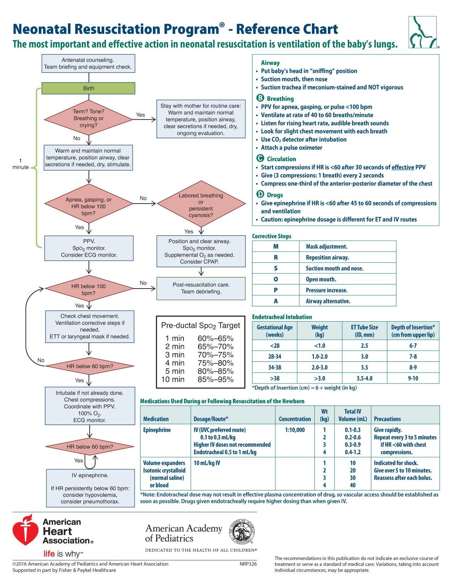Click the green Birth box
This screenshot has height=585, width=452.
pos(88,88)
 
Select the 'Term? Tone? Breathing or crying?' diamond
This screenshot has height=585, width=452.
pos(88,118)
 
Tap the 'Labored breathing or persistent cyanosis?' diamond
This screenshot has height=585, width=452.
pos(201,204)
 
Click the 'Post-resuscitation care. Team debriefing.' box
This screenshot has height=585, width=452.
pos(201,288)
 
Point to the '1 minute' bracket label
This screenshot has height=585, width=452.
pos(21,164)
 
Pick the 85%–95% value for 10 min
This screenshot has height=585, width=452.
pos(216,379)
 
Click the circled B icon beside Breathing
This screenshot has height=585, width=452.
pos(260,98)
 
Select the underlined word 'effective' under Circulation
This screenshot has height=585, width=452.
pos(403,167)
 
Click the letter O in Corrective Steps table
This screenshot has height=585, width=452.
pos(276,279)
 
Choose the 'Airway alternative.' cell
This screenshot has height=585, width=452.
pos(328,301)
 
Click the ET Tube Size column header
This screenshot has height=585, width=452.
pos(365,331)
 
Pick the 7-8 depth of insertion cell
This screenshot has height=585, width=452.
pos(413,356)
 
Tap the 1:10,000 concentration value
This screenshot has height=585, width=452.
pos(295,430)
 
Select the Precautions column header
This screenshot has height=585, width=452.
pos(387,419)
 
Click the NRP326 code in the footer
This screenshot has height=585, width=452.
pos(248,564)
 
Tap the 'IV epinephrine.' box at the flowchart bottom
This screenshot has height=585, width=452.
pos(90,488)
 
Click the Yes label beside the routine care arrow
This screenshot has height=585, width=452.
pos(140,115)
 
